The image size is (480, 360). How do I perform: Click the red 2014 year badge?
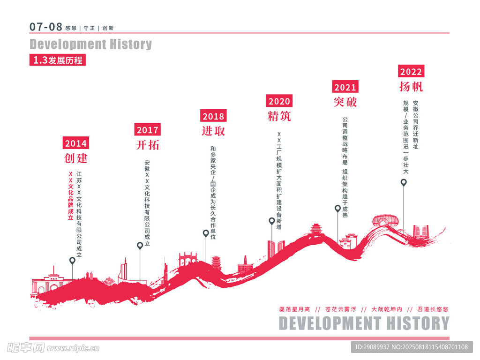pos(76,143)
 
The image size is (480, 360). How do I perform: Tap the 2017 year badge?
pos(148,130)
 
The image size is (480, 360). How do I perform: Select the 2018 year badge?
pos(213,116)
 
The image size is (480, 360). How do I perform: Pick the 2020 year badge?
pos(279,101)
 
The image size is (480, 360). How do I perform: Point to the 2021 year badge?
pos(345,87)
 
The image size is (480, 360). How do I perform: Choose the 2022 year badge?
pos(411,72)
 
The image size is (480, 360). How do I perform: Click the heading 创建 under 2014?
pos(76,158)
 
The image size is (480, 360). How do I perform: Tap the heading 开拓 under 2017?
pos(148,145)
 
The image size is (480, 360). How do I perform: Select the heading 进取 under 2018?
pos(213,131)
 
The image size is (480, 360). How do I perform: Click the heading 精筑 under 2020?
pos(279,116)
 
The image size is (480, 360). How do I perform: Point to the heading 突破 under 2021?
pos(345,102)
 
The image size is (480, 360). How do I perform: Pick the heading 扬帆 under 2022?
pos(411,87)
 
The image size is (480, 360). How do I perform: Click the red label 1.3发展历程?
pos(58,60)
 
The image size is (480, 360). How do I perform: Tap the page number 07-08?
pos(46,27)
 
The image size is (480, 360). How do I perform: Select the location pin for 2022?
pos(404,182)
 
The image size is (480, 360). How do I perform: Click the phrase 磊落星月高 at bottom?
pos(294,309)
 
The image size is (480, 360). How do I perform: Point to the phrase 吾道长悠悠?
pos(433,309)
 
